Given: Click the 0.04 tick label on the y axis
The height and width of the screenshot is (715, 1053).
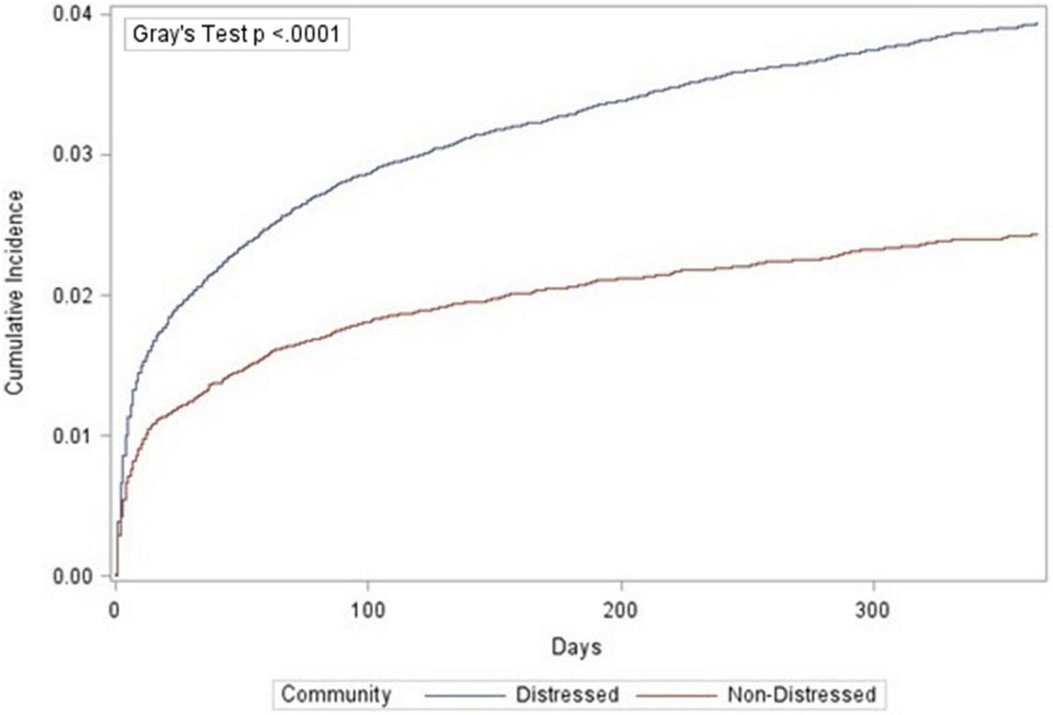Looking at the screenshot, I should point(73,14).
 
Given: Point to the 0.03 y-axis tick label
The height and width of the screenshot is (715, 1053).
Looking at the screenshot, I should point(73,154).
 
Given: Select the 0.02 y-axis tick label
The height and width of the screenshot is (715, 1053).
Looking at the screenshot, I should point(73,295).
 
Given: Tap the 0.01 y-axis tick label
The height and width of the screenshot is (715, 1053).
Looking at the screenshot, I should point(73,435).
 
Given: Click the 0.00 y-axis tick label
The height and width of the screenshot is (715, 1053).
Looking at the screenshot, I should point(73,576).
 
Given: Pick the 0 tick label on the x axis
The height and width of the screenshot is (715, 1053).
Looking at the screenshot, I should point(115,610).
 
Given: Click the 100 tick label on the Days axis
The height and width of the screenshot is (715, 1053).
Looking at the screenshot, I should point(368,610).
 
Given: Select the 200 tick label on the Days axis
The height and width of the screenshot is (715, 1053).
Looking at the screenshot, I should point(621,610).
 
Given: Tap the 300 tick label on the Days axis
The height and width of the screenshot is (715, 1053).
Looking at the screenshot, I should point(873,610).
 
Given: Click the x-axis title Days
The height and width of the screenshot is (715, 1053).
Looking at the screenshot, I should point(576,647).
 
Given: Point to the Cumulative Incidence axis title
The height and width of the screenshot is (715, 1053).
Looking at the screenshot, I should point(15,292).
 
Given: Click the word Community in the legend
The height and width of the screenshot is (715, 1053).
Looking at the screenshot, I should point(335,694).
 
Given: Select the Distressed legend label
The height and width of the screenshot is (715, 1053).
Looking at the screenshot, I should point(567,694).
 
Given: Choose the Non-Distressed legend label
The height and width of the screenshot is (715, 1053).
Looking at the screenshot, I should point(801,694).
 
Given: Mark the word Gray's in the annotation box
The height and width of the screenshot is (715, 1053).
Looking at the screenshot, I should point(157,34).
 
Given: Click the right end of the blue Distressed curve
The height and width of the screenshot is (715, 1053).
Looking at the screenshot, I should point(1037,24).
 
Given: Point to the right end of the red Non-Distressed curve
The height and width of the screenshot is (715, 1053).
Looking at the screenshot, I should point(1037,235).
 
